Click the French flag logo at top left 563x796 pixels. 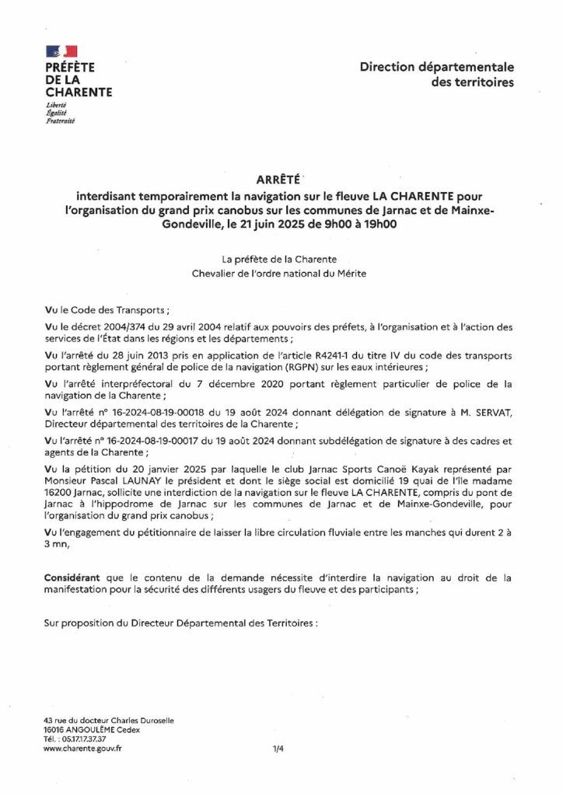[62, 51]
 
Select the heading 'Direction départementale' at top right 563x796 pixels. [436, 68]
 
